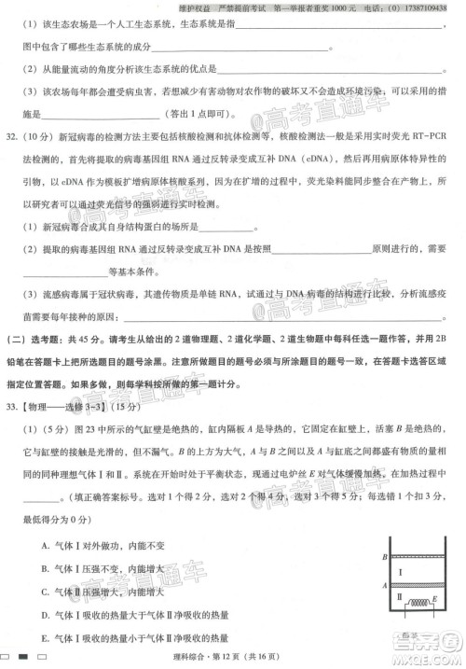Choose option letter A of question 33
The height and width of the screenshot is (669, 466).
pos(46,545)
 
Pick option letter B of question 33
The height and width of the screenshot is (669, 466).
pos(46,568)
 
